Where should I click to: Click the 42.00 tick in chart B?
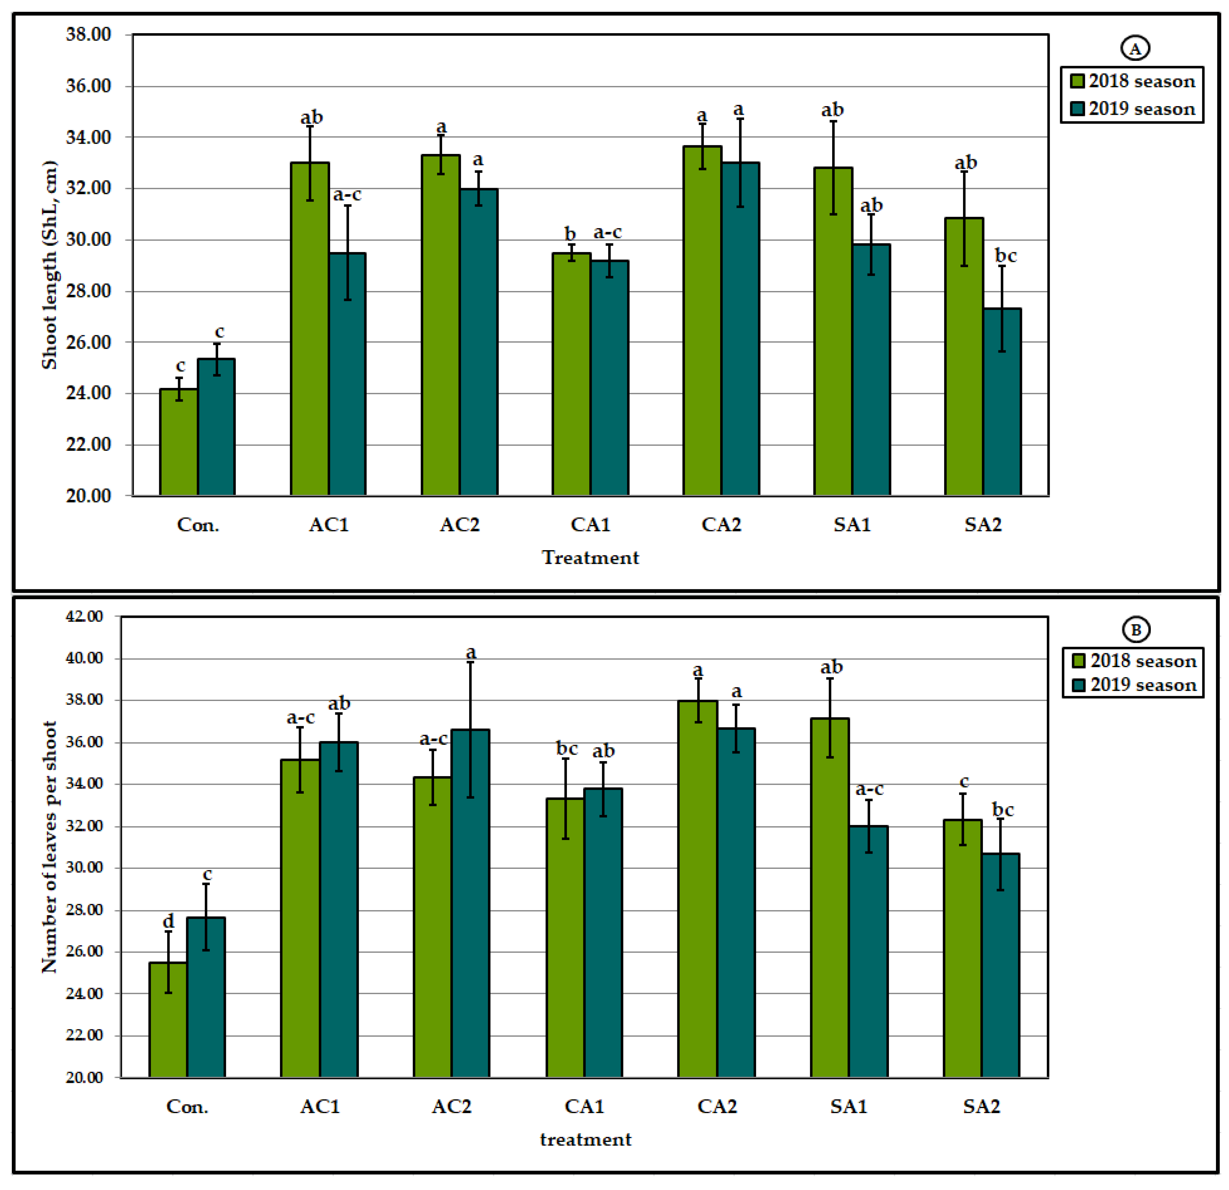coord(84,616)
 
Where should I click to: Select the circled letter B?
coord(1136,630)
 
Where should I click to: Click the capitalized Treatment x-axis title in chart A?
coord(590,557)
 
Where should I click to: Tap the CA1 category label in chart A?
coord(590,524)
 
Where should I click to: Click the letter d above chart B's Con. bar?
coord(168,921)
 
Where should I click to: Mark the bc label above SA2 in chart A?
coord(1005,256)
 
